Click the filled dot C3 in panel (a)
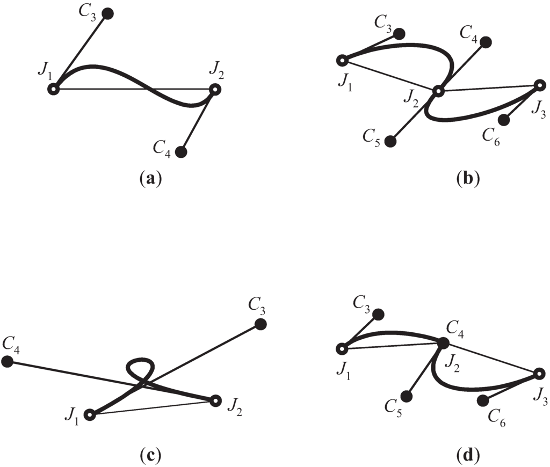pyautogui.click(x=107, y=14)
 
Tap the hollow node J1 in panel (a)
pyautogui.click(x=54, y=89)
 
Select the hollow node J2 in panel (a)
pyautogui.click(x=215, y=90)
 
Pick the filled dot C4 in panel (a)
pyautogui.click(x=181, y=152)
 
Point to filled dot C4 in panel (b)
pyautogui.click(x=486, y=42)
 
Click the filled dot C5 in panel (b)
pyautogui.click(x=391, y=141)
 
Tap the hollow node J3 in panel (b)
pyautogui.click(x=540, y=85)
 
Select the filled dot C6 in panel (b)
pyautogui.click(x=504, y=120)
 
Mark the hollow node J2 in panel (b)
pyautogui.click(x=438, y=92)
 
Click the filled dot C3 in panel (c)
pyautogui.click(x=260, y=323)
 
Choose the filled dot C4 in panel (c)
pyautogui.click(x=8, y=361)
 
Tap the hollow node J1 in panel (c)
pyautogui.click(x=90, y=415)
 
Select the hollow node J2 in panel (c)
pyautogui.click(x=215, y=400)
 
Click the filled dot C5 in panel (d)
pyautogui.click(x=407, y=396)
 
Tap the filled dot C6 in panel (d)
pyautogui.click(x=483, y=399)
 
